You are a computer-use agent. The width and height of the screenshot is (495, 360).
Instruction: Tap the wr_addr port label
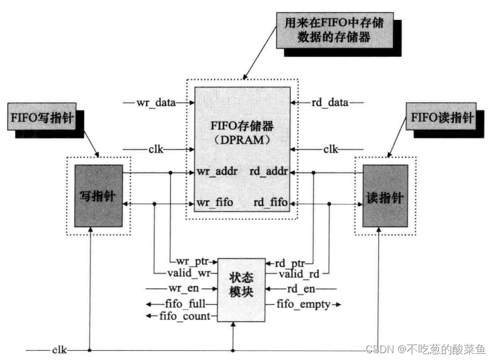[214, 171]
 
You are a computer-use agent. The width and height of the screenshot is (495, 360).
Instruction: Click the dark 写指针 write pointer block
[99, 196]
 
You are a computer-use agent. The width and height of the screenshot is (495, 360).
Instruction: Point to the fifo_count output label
[185, 316]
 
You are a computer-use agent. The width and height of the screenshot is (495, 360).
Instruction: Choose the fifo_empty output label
[304, 305]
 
